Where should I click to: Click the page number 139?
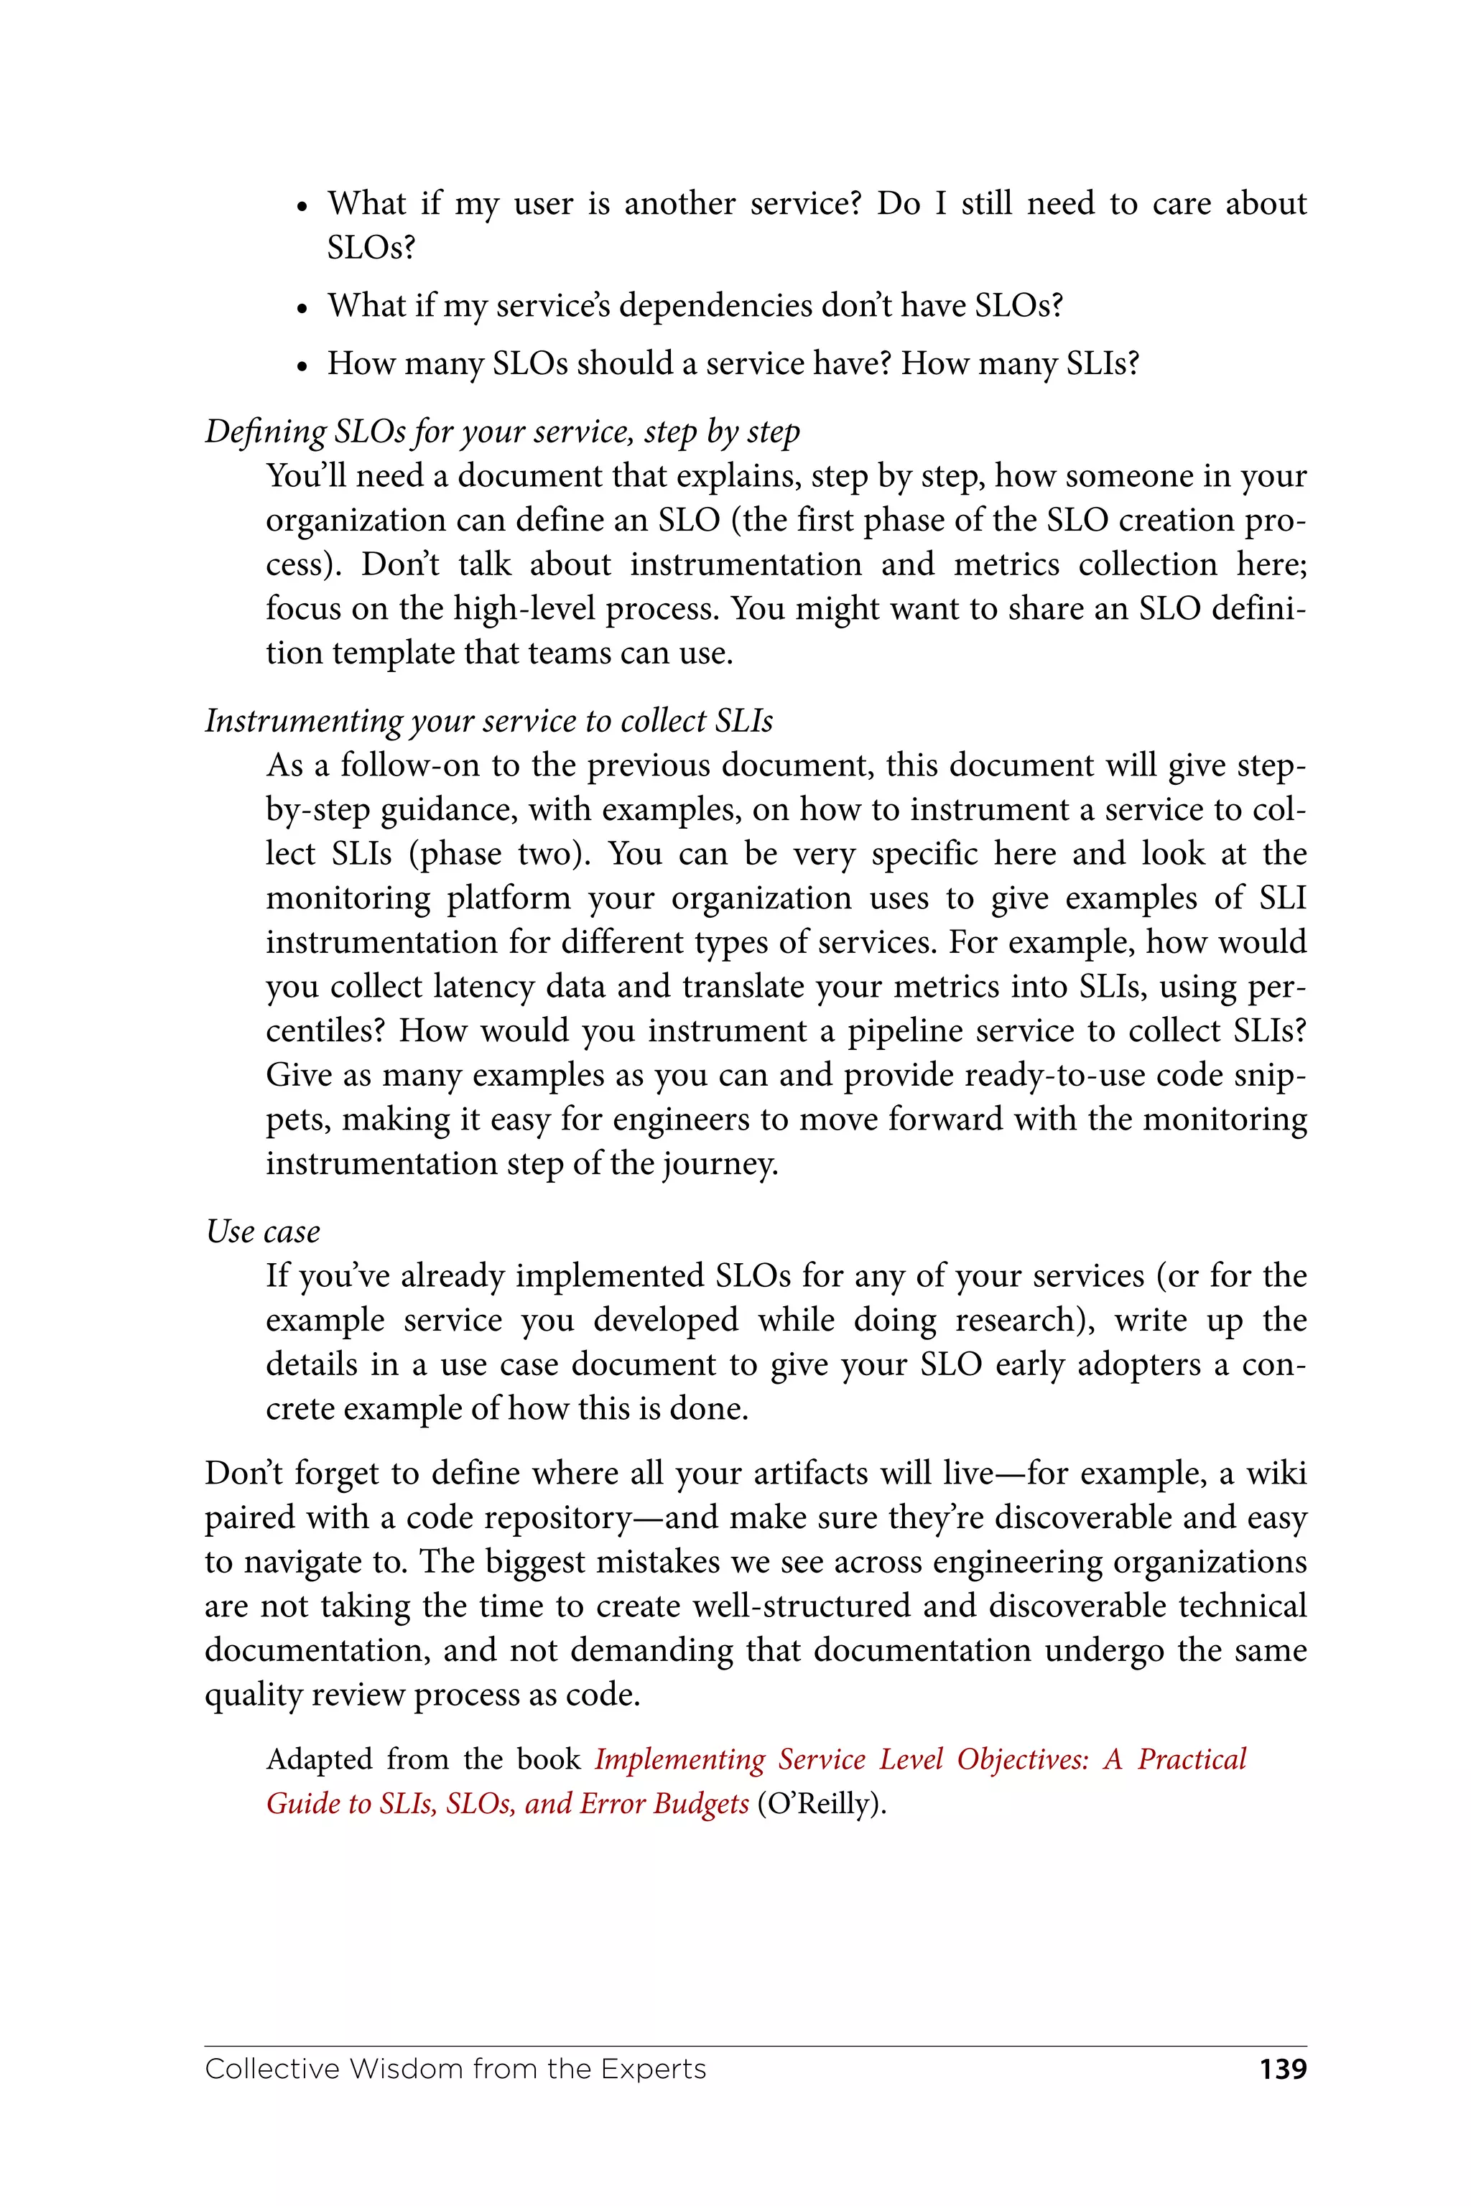[x=1282, y=2068]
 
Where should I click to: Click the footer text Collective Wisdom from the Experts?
[x=455, y=2068]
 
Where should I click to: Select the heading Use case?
[x=263, y=1231]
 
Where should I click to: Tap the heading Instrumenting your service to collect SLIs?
[x=488, y=720]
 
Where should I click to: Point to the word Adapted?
[x=320, y=1759]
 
